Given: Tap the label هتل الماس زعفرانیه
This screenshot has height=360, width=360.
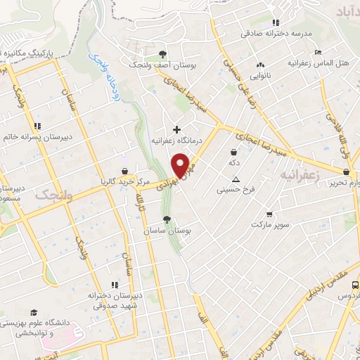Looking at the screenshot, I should pos(319,63).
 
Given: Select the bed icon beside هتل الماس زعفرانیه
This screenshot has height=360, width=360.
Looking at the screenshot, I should pos(318,52).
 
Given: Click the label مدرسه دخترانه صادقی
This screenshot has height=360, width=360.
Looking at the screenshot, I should pos(276,33).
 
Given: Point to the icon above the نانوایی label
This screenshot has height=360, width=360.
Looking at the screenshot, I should pos(262,65).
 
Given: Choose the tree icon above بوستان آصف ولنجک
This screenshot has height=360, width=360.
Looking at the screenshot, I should pos(163,53).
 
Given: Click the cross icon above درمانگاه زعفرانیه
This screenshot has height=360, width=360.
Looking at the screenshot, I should pos(176,129).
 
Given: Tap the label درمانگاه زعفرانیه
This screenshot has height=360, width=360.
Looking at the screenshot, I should pos(177,140).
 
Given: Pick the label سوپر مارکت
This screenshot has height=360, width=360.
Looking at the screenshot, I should pos(269,224).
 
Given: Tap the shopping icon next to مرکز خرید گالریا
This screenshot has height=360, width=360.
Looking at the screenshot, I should pos(124,171).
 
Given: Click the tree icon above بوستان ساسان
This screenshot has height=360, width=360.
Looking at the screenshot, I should pos(167,219).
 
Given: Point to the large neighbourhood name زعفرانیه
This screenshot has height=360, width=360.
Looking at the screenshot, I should pos(300,174).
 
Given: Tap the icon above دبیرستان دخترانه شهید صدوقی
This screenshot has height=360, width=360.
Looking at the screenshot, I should pos(112,285).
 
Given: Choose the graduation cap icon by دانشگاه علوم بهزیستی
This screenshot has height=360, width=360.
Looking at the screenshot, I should pos(33,312).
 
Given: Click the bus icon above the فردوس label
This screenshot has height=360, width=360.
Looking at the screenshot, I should pos(354,285).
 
